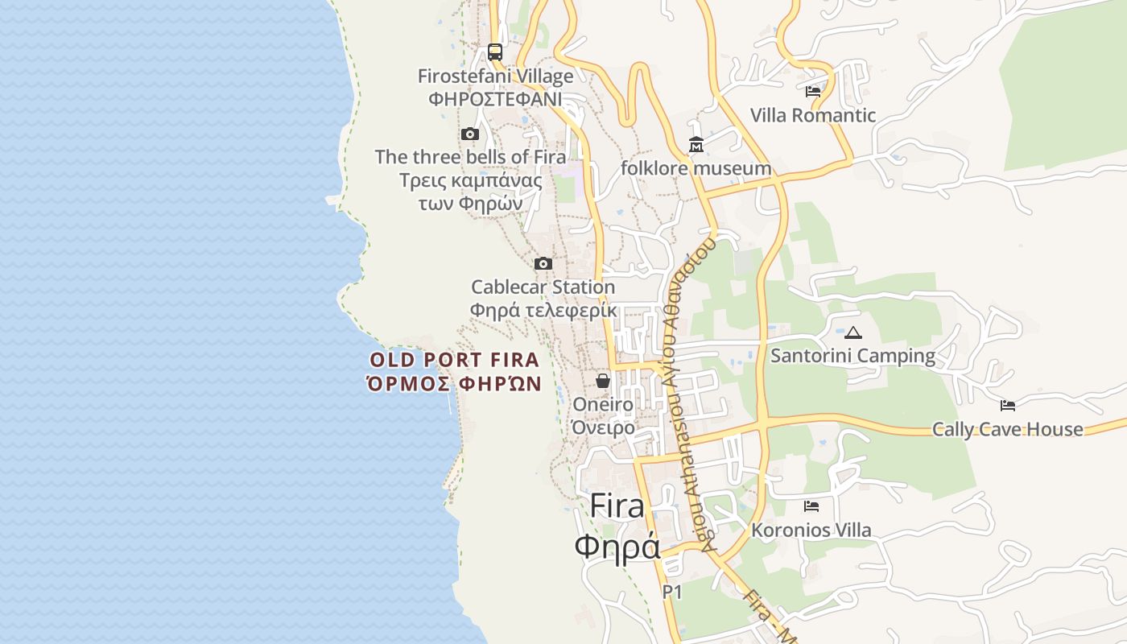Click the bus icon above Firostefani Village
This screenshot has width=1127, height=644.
point(495,52)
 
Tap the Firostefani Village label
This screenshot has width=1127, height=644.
point(495,76)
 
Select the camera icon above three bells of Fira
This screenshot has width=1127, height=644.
point(470,134)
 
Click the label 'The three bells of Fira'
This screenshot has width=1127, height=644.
point(470,156)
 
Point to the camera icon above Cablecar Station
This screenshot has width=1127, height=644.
point(543,263)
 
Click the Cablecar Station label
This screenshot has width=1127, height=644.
point(543,287)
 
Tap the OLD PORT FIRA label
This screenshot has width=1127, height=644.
point(455,360)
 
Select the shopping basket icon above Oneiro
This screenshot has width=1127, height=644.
point(603,381)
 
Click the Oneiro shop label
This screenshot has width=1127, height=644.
point(603,404)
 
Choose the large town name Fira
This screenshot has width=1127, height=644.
point(617,506)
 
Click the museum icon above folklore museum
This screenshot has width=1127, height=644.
point(696,145)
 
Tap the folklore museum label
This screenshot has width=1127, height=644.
point(696,168)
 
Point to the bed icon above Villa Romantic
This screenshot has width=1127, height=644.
point(813,92)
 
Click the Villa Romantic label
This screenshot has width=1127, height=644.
point(813,115)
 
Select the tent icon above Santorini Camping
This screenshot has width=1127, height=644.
point(853,332)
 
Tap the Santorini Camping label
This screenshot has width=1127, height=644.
point(853,356)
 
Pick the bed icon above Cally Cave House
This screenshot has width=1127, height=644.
point(1008,405)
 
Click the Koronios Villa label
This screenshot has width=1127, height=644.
point(811,530)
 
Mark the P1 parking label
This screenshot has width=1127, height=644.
point(672,592)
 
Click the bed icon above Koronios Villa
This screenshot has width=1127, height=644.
point(811,506)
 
